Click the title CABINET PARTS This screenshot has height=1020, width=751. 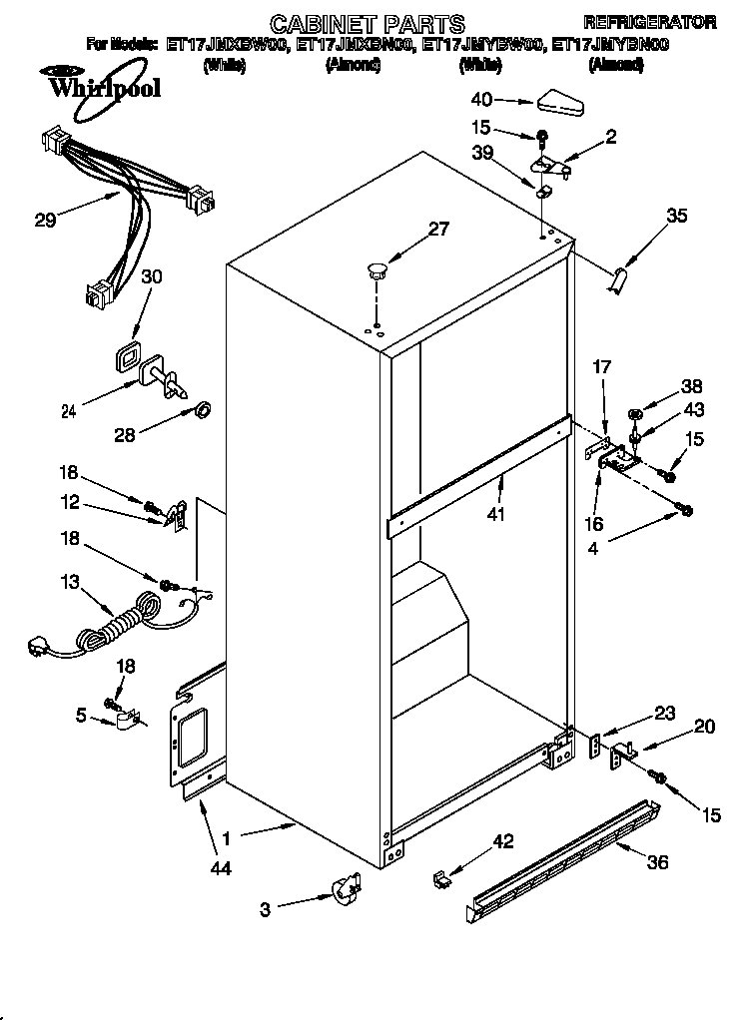(x=369, y=23)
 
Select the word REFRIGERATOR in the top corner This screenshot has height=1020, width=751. (x=649, y=22)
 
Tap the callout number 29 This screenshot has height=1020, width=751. (x=45, y=221)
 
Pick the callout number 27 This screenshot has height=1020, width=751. (x=438, y=229)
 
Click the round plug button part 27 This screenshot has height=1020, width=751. (x=376, y=268)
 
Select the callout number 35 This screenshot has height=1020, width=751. (x=676, y=215)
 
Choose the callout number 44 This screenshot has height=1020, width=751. (x=221, y=868)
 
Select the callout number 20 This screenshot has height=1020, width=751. (x=704, y=728)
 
